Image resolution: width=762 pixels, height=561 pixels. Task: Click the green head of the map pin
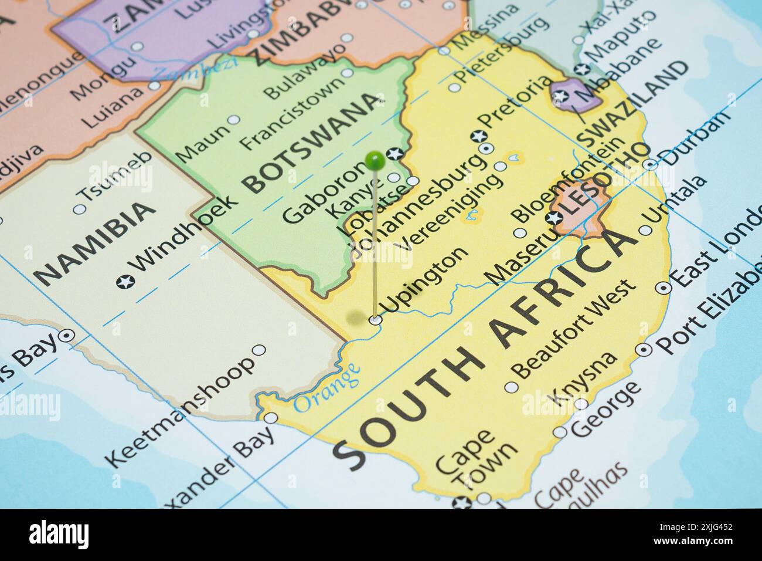(374, 158)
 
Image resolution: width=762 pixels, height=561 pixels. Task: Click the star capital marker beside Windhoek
(124, 282)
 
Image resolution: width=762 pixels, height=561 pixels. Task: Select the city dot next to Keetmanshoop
(258, 350)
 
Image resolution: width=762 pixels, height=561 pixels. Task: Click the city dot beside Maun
(234, 120)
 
